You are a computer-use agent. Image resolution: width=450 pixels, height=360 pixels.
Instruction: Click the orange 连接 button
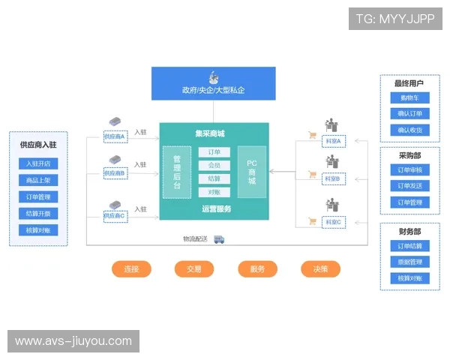coord(131,268)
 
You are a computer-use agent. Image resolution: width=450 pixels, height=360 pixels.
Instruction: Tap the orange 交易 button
coord(194,268)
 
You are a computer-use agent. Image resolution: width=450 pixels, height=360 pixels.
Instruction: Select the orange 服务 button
coord(257,268)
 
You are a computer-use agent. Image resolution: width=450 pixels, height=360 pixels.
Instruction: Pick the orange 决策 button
coord(320,268)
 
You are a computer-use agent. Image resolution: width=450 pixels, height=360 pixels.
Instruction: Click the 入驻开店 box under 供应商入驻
coord(38,163)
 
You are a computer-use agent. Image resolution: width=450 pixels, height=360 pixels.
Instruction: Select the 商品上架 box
coord(38,181)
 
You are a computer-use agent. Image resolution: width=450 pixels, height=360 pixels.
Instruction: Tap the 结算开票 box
coord(38,214)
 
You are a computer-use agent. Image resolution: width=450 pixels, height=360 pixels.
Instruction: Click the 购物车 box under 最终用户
coord(409,98)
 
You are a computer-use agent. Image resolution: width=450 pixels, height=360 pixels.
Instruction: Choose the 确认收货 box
coord(409,130)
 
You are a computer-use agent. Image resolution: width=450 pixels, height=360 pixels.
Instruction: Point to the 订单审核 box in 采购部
coord(409,169)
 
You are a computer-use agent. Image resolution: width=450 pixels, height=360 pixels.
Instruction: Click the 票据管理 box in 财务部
coord(409,262)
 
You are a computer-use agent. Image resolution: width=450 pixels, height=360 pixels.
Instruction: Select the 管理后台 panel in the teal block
coord(177,172)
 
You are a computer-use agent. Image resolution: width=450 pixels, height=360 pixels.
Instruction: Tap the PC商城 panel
coord(252,172)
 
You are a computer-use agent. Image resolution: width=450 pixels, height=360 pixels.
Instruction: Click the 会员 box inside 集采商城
coord(214,165)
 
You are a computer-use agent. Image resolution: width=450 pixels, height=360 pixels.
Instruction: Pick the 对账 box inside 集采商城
coord(214,192)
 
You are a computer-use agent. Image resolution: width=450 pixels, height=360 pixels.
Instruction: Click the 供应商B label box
coord(115,173)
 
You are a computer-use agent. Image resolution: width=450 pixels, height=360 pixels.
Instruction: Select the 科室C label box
coord(332,223)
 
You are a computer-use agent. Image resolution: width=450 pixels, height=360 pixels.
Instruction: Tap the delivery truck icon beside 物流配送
coord(220,239)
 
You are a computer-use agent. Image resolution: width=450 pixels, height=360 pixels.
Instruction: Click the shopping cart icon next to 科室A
coord(312,136)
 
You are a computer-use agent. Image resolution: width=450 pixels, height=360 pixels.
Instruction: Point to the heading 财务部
coord(409,232)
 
